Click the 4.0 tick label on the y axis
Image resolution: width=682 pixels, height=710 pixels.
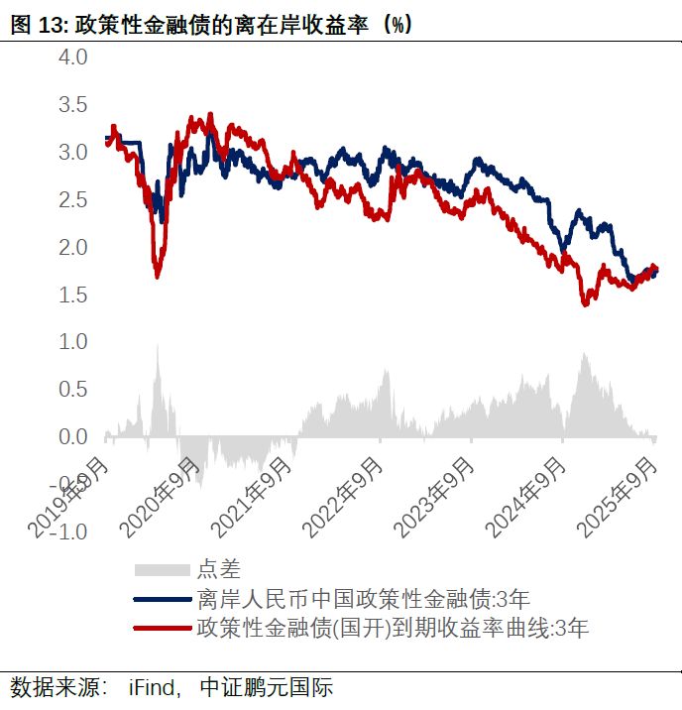[74, 58]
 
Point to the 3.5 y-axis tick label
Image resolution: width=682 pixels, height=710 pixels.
[74, 105]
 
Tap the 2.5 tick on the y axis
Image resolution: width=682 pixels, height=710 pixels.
[74, 200]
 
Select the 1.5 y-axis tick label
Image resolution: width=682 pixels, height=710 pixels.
[74, 296]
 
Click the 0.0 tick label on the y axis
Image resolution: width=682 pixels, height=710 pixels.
[74, 437]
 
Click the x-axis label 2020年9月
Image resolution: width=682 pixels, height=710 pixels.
[164, 496]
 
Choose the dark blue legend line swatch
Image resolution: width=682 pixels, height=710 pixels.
[161, 599]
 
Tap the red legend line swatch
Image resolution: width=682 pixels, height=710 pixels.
[161, 627]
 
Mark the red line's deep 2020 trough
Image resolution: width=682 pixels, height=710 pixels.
[157, 276]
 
